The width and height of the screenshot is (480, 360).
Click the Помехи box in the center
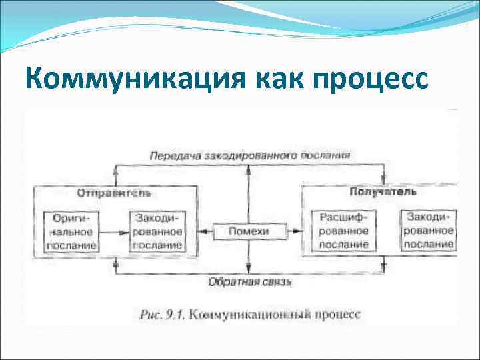248,231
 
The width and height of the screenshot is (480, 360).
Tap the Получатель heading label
383,192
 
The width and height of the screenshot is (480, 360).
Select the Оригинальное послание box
71,231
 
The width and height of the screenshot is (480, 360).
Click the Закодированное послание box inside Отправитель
158,231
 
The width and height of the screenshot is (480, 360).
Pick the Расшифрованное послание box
343,231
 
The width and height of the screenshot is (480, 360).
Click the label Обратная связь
250,282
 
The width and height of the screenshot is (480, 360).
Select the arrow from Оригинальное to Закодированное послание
114,232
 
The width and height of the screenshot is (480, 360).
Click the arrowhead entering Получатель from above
383,180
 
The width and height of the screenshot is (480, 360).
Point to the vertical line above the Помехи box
248,193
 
